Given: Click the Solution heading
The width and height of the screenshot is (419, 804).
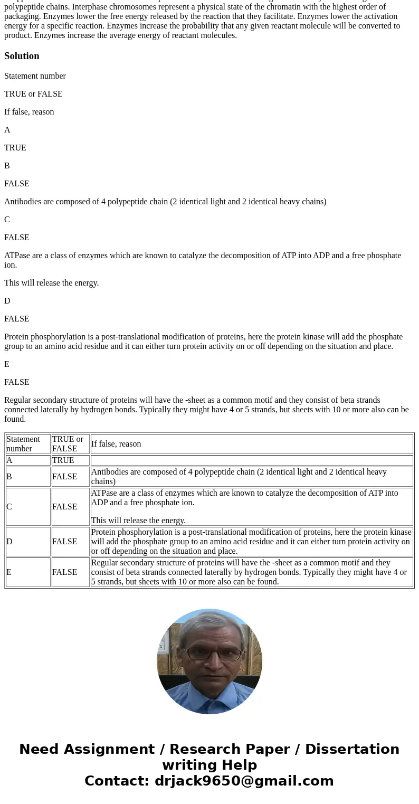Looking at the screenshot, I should pos(22,56).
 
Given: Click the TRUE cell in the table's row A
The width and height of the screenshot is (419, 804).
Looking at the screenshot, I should pos(70,460).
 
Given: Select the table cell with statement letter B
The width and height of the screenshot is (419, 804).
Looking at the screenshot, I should pos(28,477).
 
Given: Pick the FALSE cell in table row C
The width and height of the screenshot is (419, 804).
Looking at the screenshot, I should pos(70,507).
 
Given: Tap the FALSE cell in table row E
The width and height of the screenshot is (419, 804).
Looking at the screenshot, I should pos(70,572).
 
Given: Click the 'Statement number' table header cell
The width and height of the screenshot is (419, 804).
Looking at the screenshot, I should pos(28,444).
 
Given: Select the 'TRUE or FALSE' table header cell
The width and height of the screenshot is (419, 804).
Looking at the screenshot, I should pos(70,444).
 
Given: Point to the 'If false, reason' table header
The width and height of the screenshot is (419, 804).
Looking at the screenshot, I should pos(251,444).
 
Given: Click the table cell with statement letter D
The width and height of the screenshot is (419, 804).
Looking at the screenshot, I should pos(28,542).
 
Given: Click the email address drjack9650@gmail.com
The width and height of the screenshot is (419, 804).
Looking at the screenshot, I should pos(244,781).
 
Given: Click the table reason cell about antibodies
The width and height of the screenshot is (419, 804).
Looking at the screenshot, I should pos(251,477).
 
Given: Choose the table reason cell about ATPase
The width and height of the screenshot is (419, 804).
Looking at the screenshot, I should pos(251,507).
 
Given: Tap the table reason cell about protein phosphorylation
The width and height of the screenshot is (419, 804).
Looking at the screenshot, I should pos(251,542).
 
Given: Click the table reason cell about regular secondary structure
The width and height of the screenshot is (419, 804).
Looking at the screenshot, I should pos(251,572).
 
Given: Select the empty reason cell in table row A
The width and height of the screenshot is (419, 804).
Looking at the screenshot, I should pos(251,460).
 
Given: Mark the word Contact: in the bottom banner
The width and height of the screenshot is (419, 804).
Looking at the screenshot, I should pos(117,781).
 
